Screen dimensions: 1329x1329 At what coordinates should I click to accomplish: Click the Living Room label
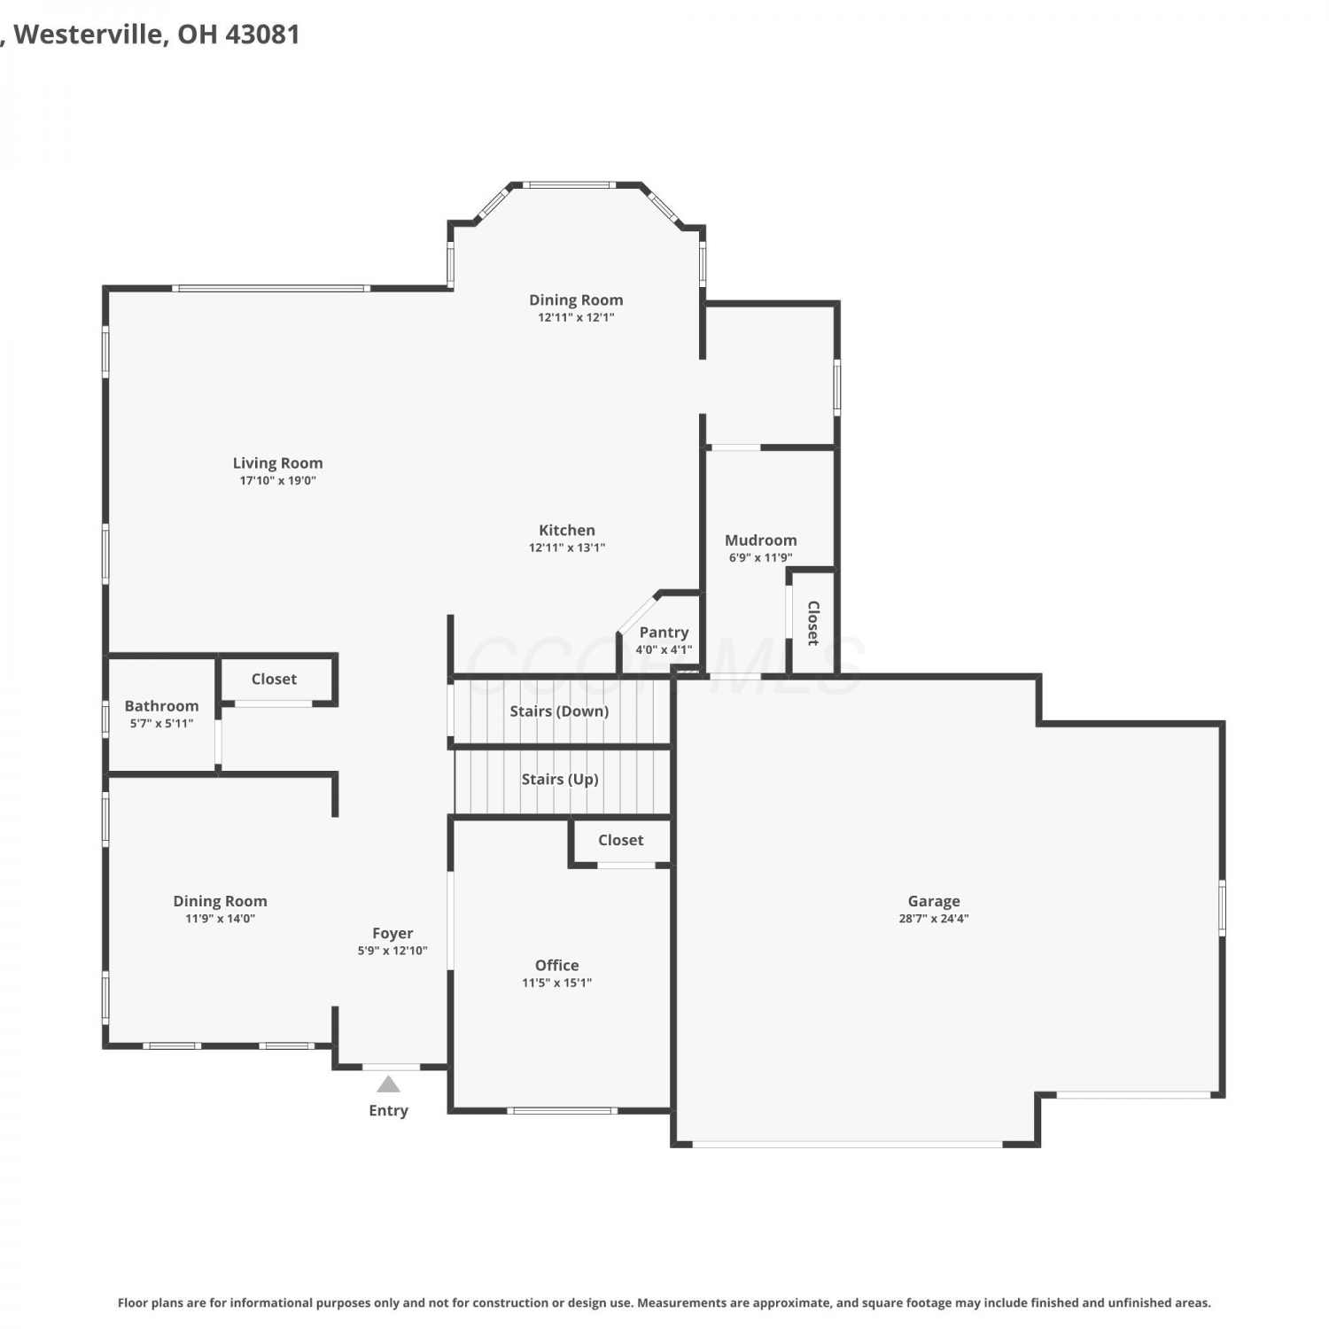pos(277,462)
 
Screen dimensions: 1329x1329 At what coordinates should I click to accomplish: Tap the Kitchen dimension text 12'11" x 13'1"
pos(567,548)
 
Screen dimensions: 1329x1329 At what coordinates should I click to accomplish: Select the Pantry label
pos(664,633)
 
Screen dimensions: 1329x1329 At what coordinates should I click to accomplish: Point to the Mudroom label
pos(761,540)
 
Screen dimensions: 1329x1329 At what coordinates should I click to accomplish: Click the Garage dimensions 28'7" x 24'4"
pos(934,919)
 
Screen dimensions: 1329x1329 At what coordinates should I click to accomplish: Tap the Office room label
pos(557,965)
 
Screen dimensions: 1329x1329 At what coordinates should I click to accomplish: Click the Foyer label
pos(392,933)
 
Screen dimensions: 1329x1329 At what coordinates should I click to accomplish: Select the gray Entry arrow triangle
pos(388,1084)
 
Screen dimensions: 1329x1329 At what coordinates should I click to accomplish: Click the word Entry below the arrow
pos(388,1111)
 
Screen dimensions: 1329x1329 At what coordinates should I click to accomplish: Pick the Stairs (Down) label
pos(559,711)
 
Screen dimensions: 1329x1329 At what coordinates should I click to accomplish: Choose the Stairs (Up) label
pos(560,780)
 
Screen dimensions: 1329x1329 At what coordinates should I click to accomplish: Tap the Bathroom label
pos(161,706)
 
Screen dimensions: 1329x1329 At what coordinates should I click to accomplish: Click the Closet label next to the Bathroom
pos(274,679)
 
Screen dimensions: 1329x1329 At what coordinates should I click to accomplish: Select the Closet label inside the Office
pos(621,840)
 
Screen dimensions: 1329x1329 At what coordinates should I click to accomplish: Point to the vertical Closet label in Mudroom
pos(813,622)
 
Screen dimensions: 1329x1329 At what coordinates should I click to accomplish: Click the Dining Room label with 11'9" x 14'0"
pos(220,901)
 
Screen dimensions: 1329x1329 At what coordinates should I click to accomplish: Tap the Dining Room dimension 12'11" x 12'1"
pos(576,317)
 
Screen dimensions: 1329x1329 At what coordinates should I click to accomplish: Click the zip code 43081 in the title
pos(262,35)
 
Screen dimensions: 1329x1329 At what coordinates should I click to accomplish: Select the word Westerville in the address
pos(89,35)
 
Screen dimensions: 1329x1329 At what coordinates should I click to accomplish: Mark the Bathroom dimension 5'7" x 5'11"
pos(161,724)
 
